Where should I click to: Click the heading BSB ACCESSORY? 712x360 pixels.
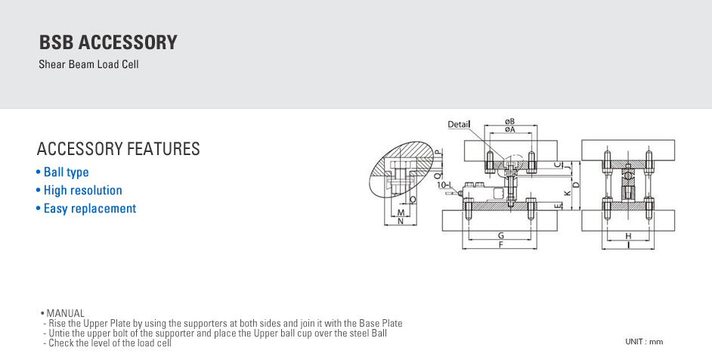coord(108,42)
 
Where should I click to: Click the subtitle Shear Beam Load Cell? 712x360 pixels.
coord(88,64)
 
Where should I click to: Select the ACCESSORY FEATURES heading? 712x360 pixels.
coord(119,149)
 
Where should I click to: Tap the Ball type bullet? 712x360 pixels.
coord(66,172)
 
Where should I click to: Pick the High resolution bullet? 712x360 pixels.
coord(82,191)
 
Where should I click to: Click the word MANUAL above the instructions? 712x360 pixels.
coord(65,313)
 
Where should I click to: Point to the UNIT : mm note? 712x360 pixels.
coord(644,342)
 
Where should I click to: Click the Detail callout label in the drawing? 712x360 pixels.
coord(459,124)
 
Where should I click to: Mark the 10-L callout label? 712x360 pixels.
coord(445,185)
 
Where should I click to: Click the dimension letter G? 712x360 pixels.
coord(500,236)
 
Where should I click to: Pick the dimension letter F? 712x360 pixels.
coord(500,246)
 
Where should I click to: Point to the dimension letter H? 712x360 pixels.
coord(628,236)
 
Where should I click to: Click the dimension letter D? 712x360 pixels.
coord(577,184)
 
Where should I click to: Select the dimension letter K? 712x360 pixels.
coord(568,193)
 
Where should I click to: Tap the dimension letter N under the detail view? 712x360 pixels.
coord(401,222)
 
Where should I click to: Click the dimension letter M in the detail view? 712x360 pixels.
coord(400,214)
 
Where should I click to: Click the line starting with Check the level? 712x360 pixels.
coord(110,343)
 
